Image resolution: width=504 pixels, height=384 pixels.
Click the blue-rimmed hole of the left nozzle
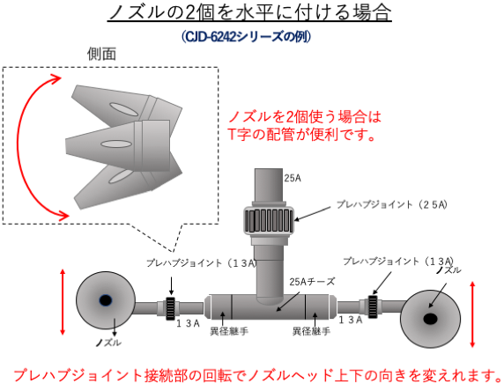(x=106, y=301)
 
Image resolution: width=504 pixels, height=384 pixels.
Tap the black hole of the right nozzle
(x=430, y=319)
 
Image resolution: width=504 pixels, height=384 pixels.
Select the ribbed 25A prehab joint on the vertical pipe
(x=269, y=220)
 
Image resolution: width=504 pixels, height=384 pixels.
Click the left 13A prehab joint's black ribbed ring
(x=170, y=308)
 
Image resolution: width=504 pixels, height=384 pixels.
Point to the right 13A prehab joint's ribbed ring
(x=373, y=306)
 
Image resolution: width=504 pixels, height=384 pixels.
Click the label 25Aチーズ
(x=312, y=282)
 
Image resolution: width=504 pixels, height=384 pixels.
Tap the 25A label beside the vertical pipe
(x=293, y=178)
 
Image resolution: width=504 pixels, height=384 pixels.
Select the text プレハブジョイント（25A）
(x=392, y=204)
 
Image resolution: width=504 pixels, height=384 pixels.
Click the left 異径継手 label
(x=229, y=331)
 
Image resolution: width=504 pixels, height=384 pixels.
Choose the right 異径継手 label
(x=311, y=331)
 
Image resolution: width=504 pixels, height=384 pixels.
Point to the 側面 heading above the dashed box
(x=101, y=54)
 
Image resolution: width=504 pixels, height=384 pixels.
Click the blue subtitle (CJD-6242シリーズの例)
(x=246, y=36)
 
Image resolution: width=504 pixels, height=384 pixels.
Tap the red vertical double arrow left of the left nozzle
(x=63, y=302)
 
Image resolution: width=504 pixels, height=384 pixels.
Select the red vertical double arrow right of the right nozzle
(x=472, y=314)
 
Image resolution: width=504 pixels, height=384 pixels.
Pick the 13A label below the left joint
(x=189, y=323)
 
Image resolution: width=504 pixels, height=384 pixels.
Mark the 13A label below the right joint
(x=351, y=320)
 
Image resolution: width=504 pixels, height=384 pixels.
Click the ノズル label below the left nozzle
(x=108, y=343)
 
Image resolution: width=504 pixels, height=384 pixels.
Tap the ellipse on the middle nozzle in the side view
(x=116, y=144)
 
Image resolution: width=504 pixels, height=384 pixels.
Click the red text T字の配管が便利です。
(x=301, y=135)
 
